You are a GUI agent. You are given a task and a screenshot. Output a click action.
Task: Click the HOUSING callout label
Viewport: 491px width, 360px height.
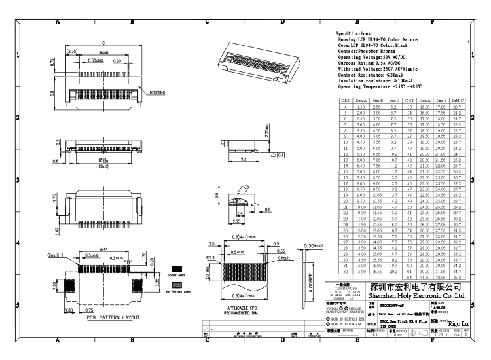[157, 93]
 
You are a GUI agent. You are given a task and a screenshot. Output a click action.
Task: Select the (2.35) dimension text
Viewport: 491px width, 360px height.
[73, 51]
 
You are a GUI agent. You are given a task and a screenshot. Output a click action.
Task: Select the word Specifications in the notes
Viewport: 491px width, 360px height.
[354, 33]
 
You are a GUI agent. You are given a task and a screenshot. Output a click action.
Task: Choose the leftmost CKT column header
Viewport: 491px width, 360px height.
[344, 100]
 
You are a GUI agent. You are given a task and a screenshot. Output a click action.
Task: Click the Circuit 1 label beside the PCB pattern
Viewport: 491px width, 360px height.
[56, 253]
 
